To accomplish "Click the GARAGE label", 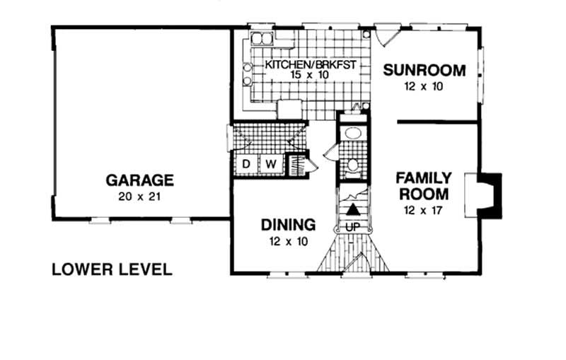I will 139,179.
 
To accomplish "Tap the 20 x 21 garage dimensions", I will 139,196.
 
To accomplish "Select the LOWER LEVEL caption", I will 112,269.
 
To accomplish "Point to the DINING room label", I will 288,226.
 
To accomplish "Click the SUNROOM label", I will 424,70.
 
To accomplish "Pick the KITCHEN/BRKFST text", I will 309,65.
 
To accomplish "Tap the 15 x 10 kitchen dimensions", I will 309,75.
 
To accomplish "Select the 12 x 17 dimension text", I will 422,210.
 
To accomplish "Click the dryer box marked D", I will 246,164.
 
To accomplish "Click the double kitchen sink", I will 263,38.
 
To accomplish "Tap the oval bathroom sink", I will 351,135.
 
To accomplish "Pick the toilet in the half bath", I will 352,166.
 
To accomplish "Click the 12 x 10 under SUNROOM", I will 424,87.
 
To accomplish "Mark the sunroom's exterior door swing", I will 386,33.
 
